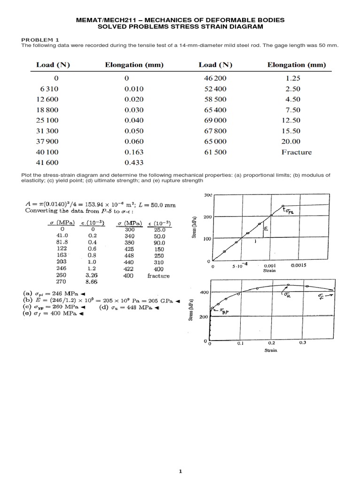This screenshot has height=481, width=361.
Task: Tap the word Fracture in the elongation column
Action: point(296,152)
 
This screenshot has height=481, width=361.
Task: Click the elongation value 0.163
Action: point(134,152)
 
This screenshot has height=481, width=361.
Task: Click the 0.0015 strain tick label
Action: point(298,265)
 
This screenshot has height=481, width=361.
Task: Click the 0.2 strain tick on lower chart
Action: point(271,343)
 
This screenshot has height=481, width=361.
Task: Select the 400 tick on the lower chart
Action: point(204,293)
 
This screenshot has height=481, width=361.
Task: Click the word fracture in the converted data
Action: point(158,276)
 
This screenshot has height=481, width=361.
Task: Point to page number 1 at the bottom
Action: point(180,471)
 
